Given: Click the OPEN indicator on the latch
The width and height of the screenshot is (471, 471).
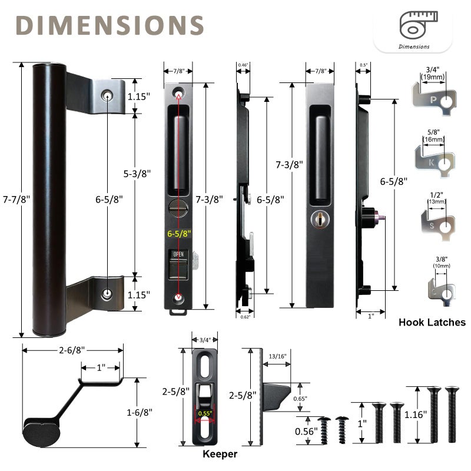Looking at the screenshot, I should click(x=177, y=255).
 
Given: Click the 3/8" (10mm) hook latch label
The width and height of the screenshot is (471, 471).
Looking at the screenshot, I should click(x=440, y=263).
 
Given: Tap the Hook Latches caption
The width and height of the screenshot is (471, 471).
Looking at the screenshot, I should click(x=432, y=322).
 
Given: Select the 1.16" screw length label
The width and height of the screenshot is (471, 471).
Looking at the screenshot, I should click(x=416, y=414).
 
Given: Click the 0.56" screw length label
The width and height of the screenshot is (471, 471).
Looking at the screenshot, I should click(x=306, y=430).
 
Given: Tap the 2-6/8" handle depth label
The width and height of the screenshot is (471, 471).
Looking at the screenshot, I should click(x=72, y=350).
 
